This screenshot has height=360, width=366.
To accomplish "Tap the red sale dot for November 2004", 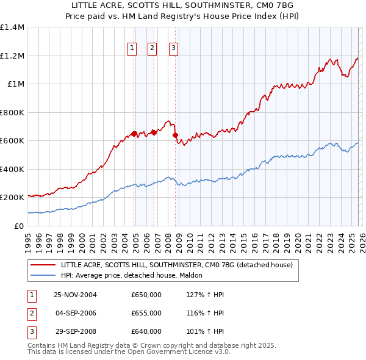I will (134, 134).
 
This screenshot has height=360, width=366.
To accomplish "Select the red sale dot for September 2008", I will (176, 135).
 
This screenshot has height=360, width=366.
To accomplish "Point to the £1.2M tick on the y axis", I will (12, 56).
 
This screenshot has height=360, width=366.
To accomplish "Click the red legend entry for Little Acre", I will (177, 265).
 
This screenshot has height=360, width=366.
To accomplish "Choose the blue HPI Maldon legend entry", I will (134, 276).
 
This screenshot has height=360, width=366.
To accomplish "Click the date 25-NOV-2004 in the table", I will (75, 295).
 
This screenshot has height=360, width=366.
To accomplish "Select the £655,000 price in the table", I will (146, 313).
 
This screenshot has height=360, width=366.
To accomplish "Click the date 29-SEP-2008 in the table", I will (75, 331).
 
